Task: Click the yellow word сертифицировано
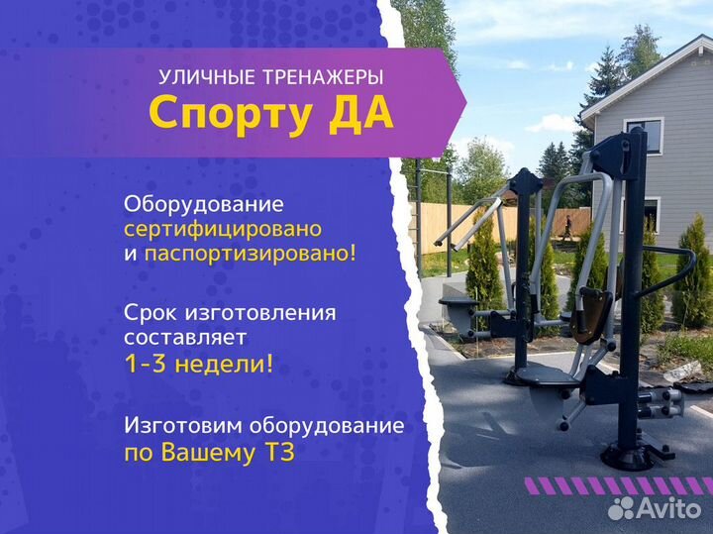223,229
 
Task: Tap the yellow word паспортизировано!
250,254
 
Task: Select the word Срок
151,313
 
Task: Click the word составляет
186,338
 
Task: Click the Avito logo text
668,508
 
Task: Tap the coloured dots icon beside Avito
621,508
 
